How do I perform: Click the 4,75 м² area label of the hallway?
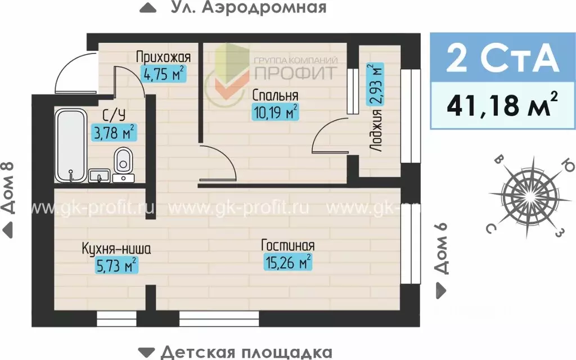pos(163,74)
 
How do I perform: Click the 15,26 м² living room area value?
pos(287,262)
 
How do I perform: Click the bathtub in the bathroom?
pos(71,145)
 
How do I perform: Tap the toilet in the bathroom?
pos(123,161)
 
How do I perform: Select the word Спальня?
pos(275,94)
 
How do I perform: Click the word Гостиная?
pos(287,245)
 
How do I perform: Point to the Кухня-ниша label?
pos(116,247)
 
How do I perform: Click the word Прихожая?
pos(164,57)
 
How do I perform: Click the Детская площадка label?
pos(246,352)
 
